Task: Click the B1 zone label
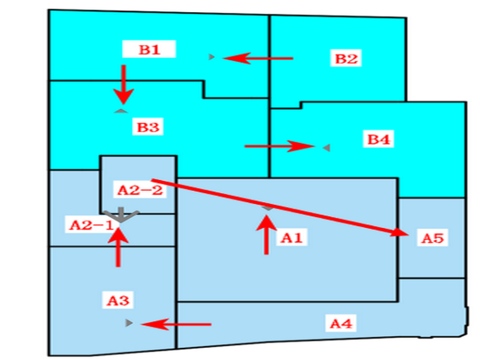[149, 50]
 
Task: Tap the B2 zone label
[346, 59]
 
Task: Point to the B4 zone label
[379, 139]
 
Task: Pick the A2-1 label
[92, 224]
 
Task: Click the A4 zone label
[341, 324]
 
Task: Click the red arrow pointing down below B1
[124, 85]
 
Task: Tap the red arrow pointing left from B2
[258, 58]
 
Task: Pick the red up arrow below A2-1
[118, 246]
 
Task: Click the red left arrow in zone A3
[176, 325]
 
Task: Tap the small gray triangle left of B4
[326, 147]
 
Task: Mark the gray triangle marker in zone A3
[129, 323]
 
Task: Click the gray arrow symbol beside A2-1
[120, 216]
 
